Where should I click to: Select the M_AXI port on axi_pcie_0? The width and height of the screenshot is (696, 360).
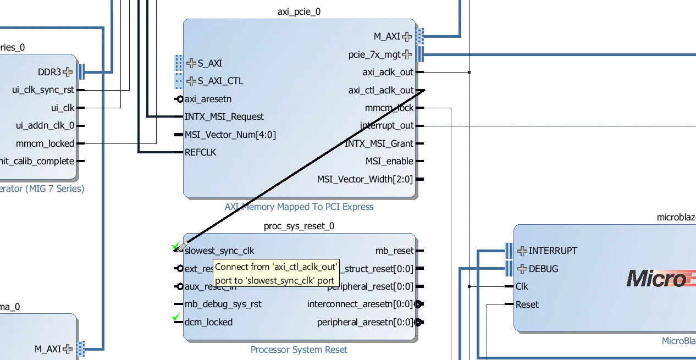tap(387, 37)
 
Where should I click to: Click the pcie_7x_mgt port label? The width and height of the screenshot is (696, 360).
tap(374, 54)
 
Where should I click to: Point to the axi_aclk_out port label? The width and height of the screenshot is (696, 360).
tap(388, 72)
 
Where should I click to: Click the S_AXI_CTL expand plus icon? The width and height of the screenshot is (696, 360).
tap(191, 81)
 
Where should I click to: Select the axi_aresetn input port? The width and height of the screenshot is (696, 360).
tap(208, 99)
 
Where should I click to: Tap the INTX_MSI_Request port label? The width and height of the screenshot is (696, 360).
tap(224, 117)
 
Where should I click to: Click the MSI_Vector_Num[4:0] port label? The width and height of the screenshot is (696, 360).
tap(230, 135)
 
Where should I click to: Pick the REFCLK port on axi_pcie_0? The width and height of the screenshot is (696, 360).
tap(200, 152)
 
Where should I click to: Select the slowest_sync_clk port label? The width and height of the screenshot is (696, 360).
tap(219, 251)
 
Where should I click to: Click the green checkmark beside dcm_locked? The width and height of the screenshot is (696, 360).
tap(176, 317)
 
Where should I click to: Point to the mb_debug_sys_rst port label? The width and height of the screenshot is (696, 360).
tap(223, 304)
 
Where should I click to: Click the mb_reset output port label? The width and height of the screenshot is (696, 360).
tap(394, 251)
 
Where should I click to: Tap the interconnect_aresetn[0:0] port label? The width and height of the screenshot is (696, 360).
tap(360, 304)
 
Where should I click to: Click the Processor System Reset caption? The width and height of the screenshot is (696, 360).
tap(299, 350)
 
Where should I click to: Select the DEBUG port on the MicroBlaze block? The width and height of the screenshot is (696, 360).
tap(543, 269)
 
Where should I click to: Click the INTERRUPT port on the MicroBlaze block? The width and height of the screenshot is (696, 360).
tap(553, 251)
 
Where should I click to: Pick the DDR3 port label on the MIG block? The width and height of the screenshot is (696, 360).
tap(49, 72)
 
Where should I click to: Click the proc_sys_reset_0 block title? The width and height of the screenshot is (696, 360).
tap(299, 226)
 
